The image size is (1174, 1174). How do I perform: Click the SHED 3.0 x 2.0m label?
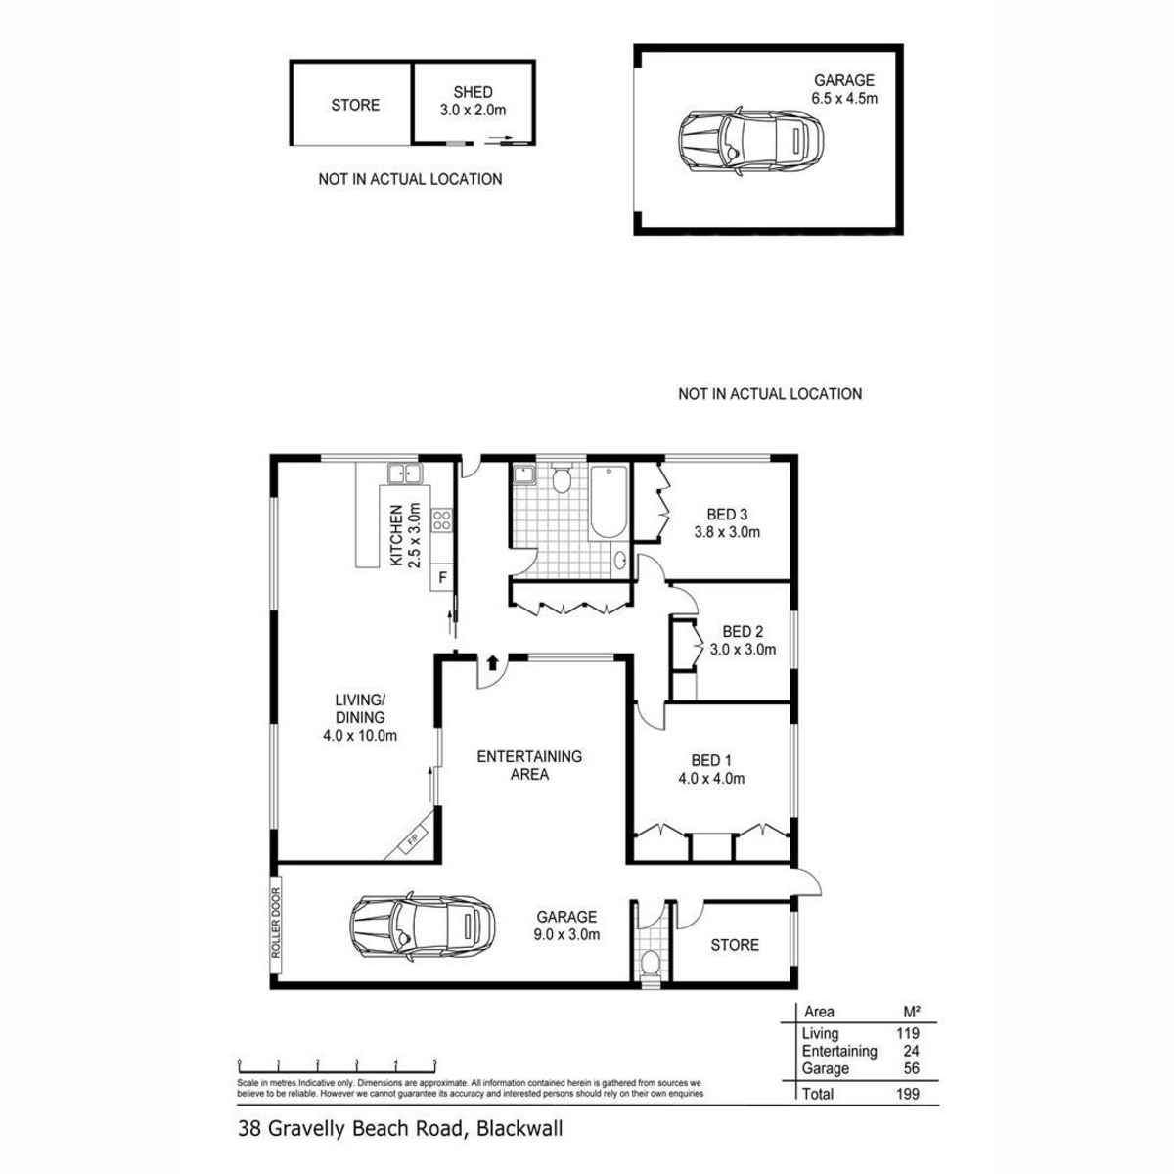(473, 102)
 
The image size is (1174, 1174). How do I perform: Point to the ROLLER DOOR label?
(277, 924)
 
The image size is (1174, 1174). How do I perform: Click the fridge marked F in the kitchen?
(443, 577)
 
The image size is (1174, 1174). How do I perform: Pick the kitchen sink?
(404, 475)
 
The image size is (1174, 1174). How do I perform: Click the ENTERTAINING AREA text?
(529, 765)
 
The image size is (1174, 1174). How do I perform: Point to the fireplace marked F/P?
(413, 839)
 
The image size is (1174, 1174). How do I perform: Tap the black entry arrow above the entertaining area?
(493, 662)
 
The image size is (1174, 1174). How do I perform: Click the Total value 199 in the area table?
(907, 1094)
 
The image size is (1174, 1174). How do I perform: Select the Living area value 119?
(907, 1033)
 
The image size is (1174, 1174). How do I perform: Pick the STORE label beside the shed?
(355, 105)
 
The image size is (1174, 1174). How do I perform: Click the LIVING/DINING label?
(360, 717)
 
